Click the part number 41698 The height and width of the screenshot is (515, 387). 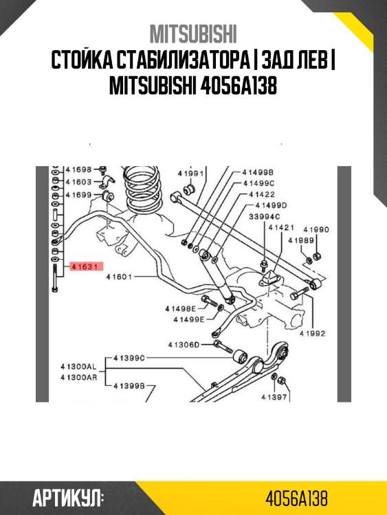tap(78, 169)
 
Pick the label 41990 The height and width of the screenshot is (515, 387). tap(316, 229)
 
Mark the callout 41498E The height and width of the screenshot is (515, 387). tap(180, 310)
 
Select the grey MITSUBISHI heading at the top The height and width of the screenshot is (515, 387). tap(193, 34)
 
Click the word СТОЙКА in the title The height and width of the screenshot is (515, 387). tap(85, 60)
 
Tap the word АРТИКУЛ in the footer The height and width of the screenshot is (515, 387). tap(67, 497)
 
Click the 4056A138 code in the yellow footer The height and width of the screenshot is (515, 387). tap(296, 497)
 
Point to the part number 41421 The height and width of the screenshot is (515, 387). tap(281, 227)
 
